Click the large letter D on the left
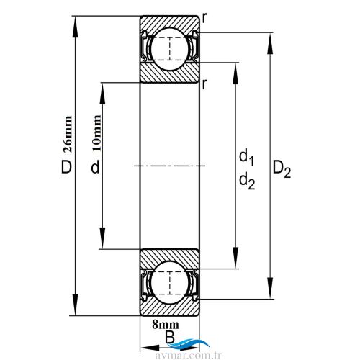(66, 168)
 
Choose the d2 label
(246, 183)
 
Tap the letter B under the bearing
(169, 336)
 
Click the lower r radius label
(205, 84)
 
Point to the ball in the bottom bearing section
(169, 283)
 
